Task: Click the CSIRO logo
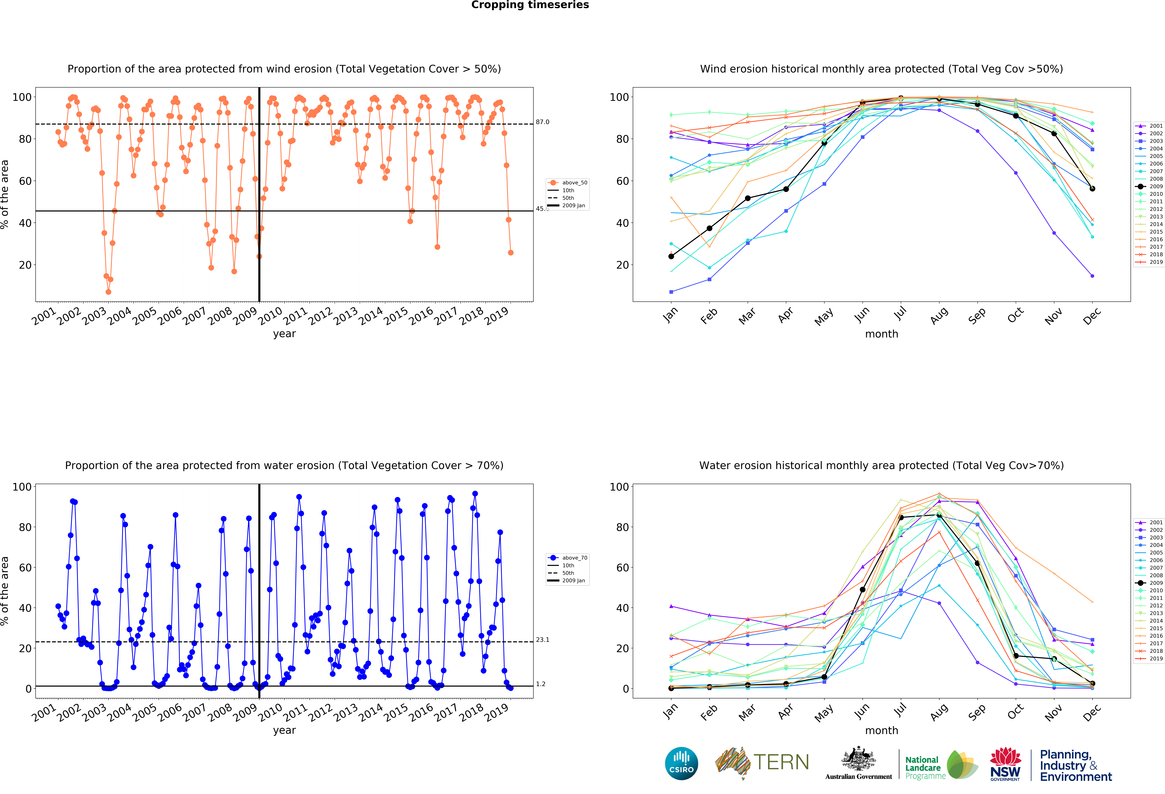click(681, 763)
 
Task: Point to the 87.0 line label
click(542, 122)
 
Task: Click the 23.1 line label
click(542, 640)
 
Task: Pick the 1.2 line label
click(540, 684)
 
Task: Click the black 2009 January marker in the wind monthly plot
click(671, 256)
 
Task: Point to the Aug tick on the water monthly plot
click(939, 712)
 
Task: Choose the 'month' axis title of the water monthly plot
click(881, 730)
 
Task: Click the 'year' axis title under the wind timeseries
click(284, 334)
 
